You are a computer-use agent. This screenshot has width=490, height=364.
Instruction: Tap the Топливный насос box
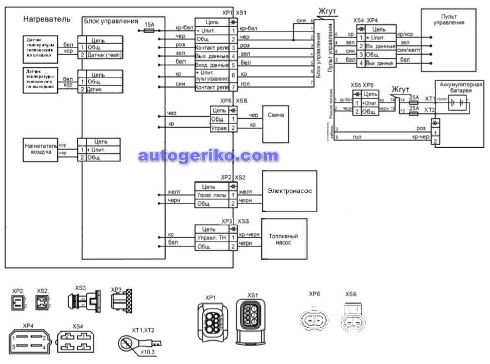[x=283, y=239]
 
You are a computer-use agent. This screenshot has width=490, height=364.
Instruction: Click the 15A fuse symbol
[x=149, y=30]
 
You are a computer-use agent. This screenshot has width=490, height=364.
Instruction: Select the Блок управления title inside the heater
[x=110, y=21]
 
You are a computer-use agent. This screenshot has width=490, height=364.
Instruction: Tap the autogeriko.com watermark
[x=208, y=156]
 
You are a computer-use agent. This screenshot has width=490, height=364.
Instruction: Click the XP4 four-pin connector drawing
[x=28, y=340]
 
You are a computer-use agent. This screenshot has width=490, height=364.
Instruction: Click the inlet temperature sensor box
[x=40, y=49]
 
